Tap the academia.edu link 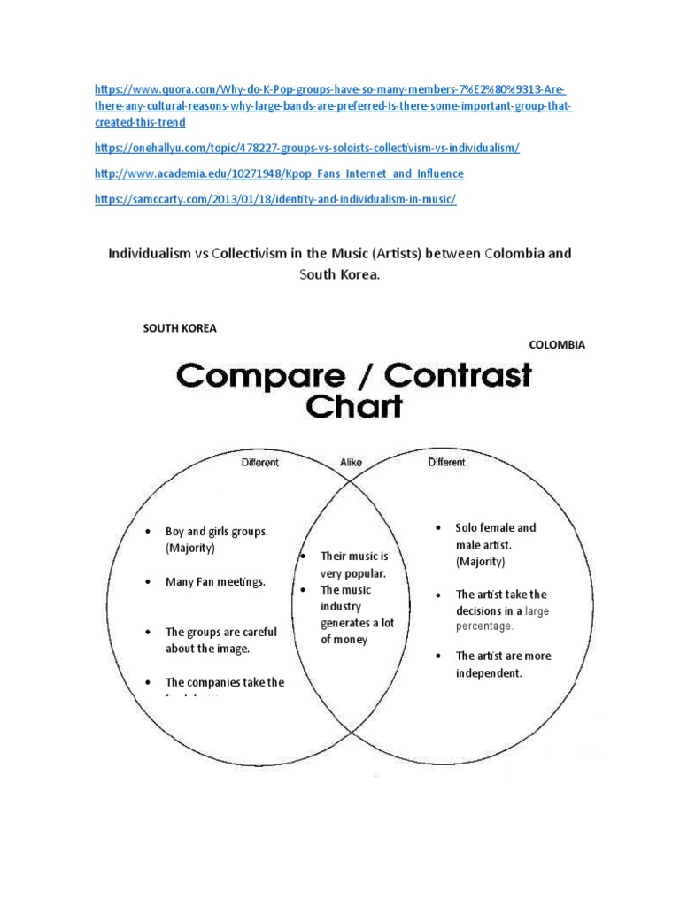(279, 174)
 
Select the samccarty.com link (275, 200)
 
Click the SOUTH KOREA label (180, 328)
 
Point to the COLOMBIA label (557, 345)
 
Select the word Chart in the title (353, 407)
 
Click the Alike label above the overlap (352, 462)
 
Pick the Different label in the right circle (446, 462)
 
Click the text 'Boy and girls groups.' (216, 532)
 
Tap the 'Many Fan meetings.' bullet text (215, 582)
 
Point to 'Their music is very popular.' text (353, 564)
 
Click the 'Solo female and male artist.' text (495, 536)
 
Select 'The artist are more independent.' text (502, 664)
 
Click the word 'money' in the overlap (350, 640)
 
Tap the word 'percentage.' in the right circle (484, 626)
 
